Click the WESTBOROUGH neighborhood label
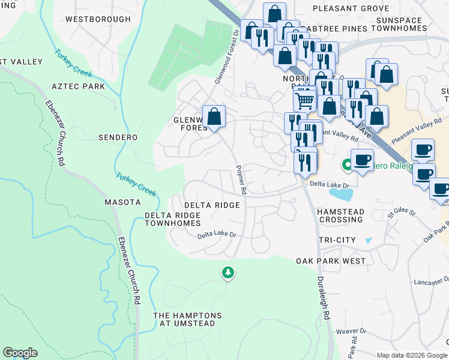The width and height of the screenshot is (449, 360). point(98,19)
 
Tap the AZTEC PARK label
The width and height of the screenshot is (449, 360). point(78,86)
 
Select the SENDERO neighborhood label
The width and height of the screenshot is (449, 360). point(118,137)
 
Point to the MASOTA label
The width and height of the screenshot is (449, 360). point(122,202)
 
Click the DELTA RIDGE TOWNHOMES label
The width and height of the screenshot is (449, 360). point(172,218)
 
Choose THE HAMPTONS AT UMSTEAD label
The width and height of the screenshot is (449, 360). point(187,319)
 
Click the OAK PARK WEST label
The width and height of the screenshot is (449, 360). point(331,261)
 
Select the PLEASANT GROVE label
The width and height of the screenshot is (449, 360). point(346,10)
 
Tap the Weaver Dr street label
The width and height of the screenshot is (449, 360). point(351,331)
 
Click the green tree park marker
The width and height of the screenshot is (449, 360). point(228,273)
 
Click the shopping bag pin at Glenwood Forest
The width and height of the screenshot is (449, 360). point(214,116)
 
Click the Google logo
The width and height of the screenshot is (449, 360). point(20,353)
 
